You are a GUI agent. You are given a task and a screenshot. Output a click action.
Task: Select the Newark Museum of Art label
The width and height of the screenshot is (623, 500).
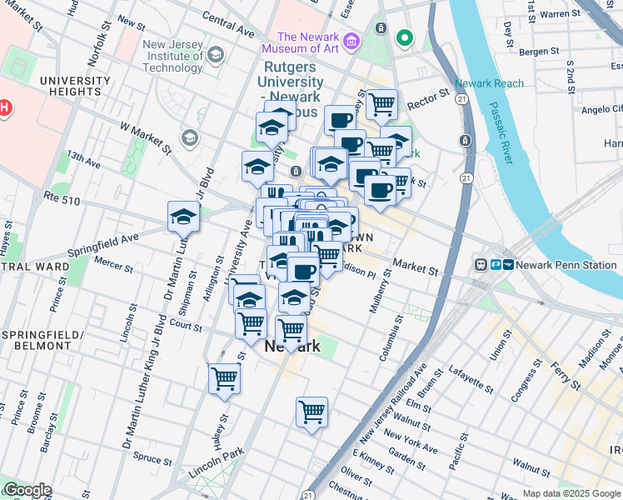[x=308, y=42]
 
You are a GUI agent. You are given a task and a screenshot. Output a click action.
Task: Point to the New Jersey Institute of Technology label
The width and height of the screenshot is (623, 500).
[x=173, y=57]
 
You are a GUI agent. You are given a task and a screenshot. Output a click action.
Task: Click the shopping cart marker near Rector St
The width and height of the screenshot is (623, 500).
[x=381, y=105]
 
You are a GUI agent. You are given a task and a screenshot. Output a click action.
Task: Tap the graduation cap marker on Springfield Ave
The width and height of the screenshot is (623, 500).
[x=183, y=217]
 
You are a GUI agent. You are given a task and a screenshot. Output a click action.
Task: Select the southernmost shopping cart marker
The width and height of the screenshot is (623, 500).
[x=311, y=412]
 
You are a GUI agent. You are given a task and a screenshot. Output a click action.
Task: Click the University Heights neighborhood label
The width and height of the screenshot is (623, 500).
[x=73, y=87]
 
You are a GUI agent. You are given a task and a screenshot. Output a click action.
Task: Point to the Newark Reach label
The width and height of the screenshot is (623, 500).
[x=490, y=83]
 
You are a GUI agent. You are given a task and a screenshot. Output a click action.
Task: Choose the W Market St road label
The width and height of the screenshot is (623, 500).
[x=146, y=138]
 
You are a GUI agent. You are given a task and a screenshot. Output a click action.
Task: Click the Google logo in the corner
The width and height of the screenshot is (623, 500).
[x=27, y=490]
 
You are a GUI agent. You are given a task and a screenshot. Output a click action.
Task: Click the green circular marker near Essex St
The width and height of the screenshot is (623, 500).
[x=405, y=37]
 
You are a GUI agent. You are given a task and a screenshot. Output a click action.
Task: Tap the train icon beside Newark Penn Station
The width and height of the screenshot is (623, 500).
[x=481, y=264]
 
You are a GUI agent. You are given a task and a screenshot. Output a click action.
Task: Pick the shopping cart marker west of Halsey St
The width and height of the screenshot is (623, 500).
[x=224, y=378]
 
